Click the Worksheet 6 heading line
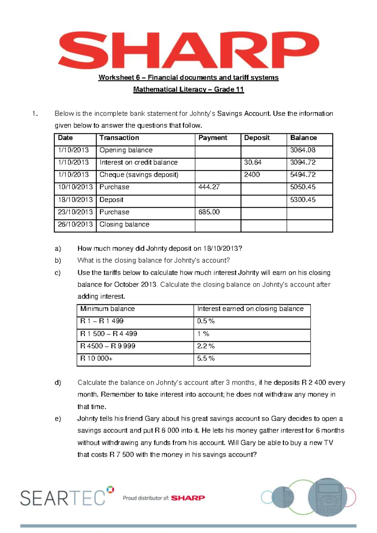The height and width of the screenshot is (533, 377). tap(188, 78)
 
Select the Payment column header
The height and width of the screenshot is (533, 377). tap(213, 138)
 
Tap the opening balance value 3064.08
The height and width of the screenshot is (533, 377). tap(303, 150)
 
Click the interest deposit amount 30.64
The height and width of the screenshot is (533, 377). tap(253, 162)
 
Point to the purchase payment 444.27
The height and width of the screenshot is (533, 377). tap(209, 187)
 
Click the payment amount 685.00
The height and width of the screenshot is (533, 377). tap(209, 212)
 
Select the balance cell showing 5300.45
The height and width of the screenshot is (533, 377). tap(303, 200)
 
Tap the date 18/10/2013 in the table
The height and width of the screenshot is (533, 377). tap(75, 200)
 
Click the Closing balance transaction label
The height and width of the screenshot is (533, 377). tap(124, 224)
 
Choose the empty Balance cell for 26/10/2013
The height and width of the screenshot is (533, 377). tap(309, 225)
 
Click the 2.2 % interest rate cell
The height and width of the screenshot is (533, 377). tap(206, 346)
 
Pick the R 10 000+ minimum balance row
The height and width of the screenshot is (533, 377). tap(96, 358)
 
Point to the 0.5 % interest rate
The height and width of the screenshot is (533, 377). tap(206, 321)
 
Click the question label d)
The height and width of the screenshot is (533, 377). tap(58, 383)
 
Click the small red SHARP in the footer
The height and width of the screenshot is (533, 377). tap(188, 498)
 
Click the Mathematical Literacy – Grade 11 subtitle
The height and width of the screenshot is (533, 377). tap(188, 89)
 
